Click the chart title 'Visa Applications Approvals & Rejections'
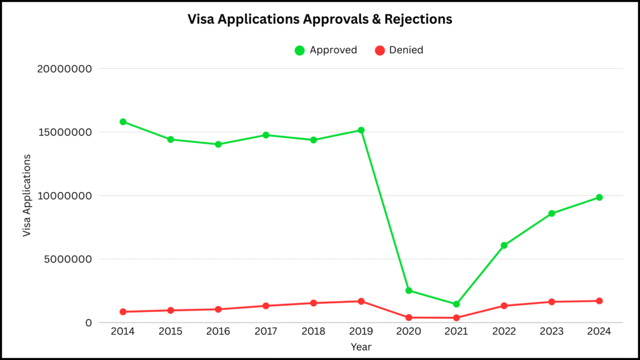point(320,19)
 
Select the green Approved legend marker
point(300,50)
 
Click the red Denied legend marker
point(379,50)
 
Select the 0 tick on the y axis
point(89,323)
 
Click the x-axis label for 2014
point(123,332)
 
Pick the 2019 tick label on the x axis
point(361,332)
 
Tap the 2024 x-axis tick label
point(599,332)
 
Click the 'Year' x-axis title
point(361,346)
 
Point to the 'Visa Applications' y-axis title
point(27,196)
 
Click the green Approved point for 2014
point(123,122)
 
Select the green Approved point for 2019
point(361,130)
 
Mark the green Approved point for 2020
point(409,291)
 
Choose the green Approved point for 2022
point(504,246)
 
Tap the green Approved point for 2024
point(599,197)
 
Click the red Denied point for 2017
point(266,306)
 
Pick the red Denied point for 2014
point(123,312)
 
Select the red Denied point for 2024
point(599,301)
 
